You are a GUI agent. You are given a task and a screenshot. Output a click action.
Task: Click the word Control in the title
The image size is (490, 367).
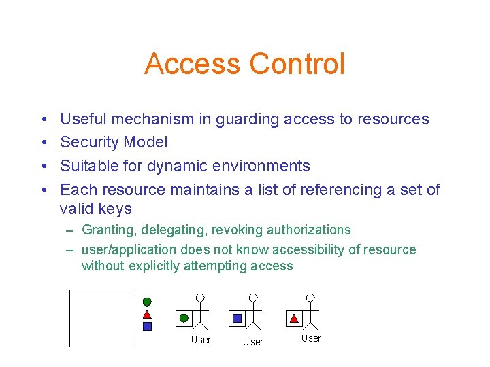(x=297, y=64)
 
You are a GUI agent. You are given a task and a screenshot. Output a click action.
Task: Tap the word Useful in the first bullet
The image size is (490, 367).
(x=84, y=120)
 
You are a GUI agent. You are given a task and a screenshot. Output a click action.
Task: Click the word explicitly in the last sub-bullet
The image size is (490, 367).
(x=143, y=266)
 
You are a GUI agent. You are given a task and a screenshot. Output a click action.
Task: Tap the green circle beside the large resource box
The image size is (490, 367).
(x=147, y=302)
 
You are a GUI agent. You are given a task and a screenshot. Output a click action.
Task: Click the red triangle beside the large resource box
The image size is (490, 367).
(x=147, y=314)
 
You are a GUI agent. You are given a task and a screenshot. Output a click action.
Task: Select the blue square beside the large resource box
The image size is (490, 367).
(x=147, y=326)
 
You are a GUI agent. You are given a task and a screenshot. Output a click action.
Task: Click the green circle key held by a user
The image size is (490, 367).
(x=183, y=317)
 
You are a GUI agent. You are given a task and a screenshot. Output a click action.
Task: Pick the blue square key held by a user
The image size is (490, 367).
(x=237, y=317)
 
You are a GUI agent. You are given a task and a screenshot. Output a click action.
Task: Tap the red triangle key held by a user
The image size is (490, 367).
(x=294, y=317)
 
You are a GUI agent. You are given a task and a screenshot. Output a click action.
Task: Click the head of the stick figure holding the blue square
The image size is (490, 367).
(x=253, y=298)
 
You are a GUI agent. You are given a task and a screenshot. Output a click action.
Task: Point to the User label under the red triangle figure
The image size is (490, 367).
(x=311, y=338)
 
